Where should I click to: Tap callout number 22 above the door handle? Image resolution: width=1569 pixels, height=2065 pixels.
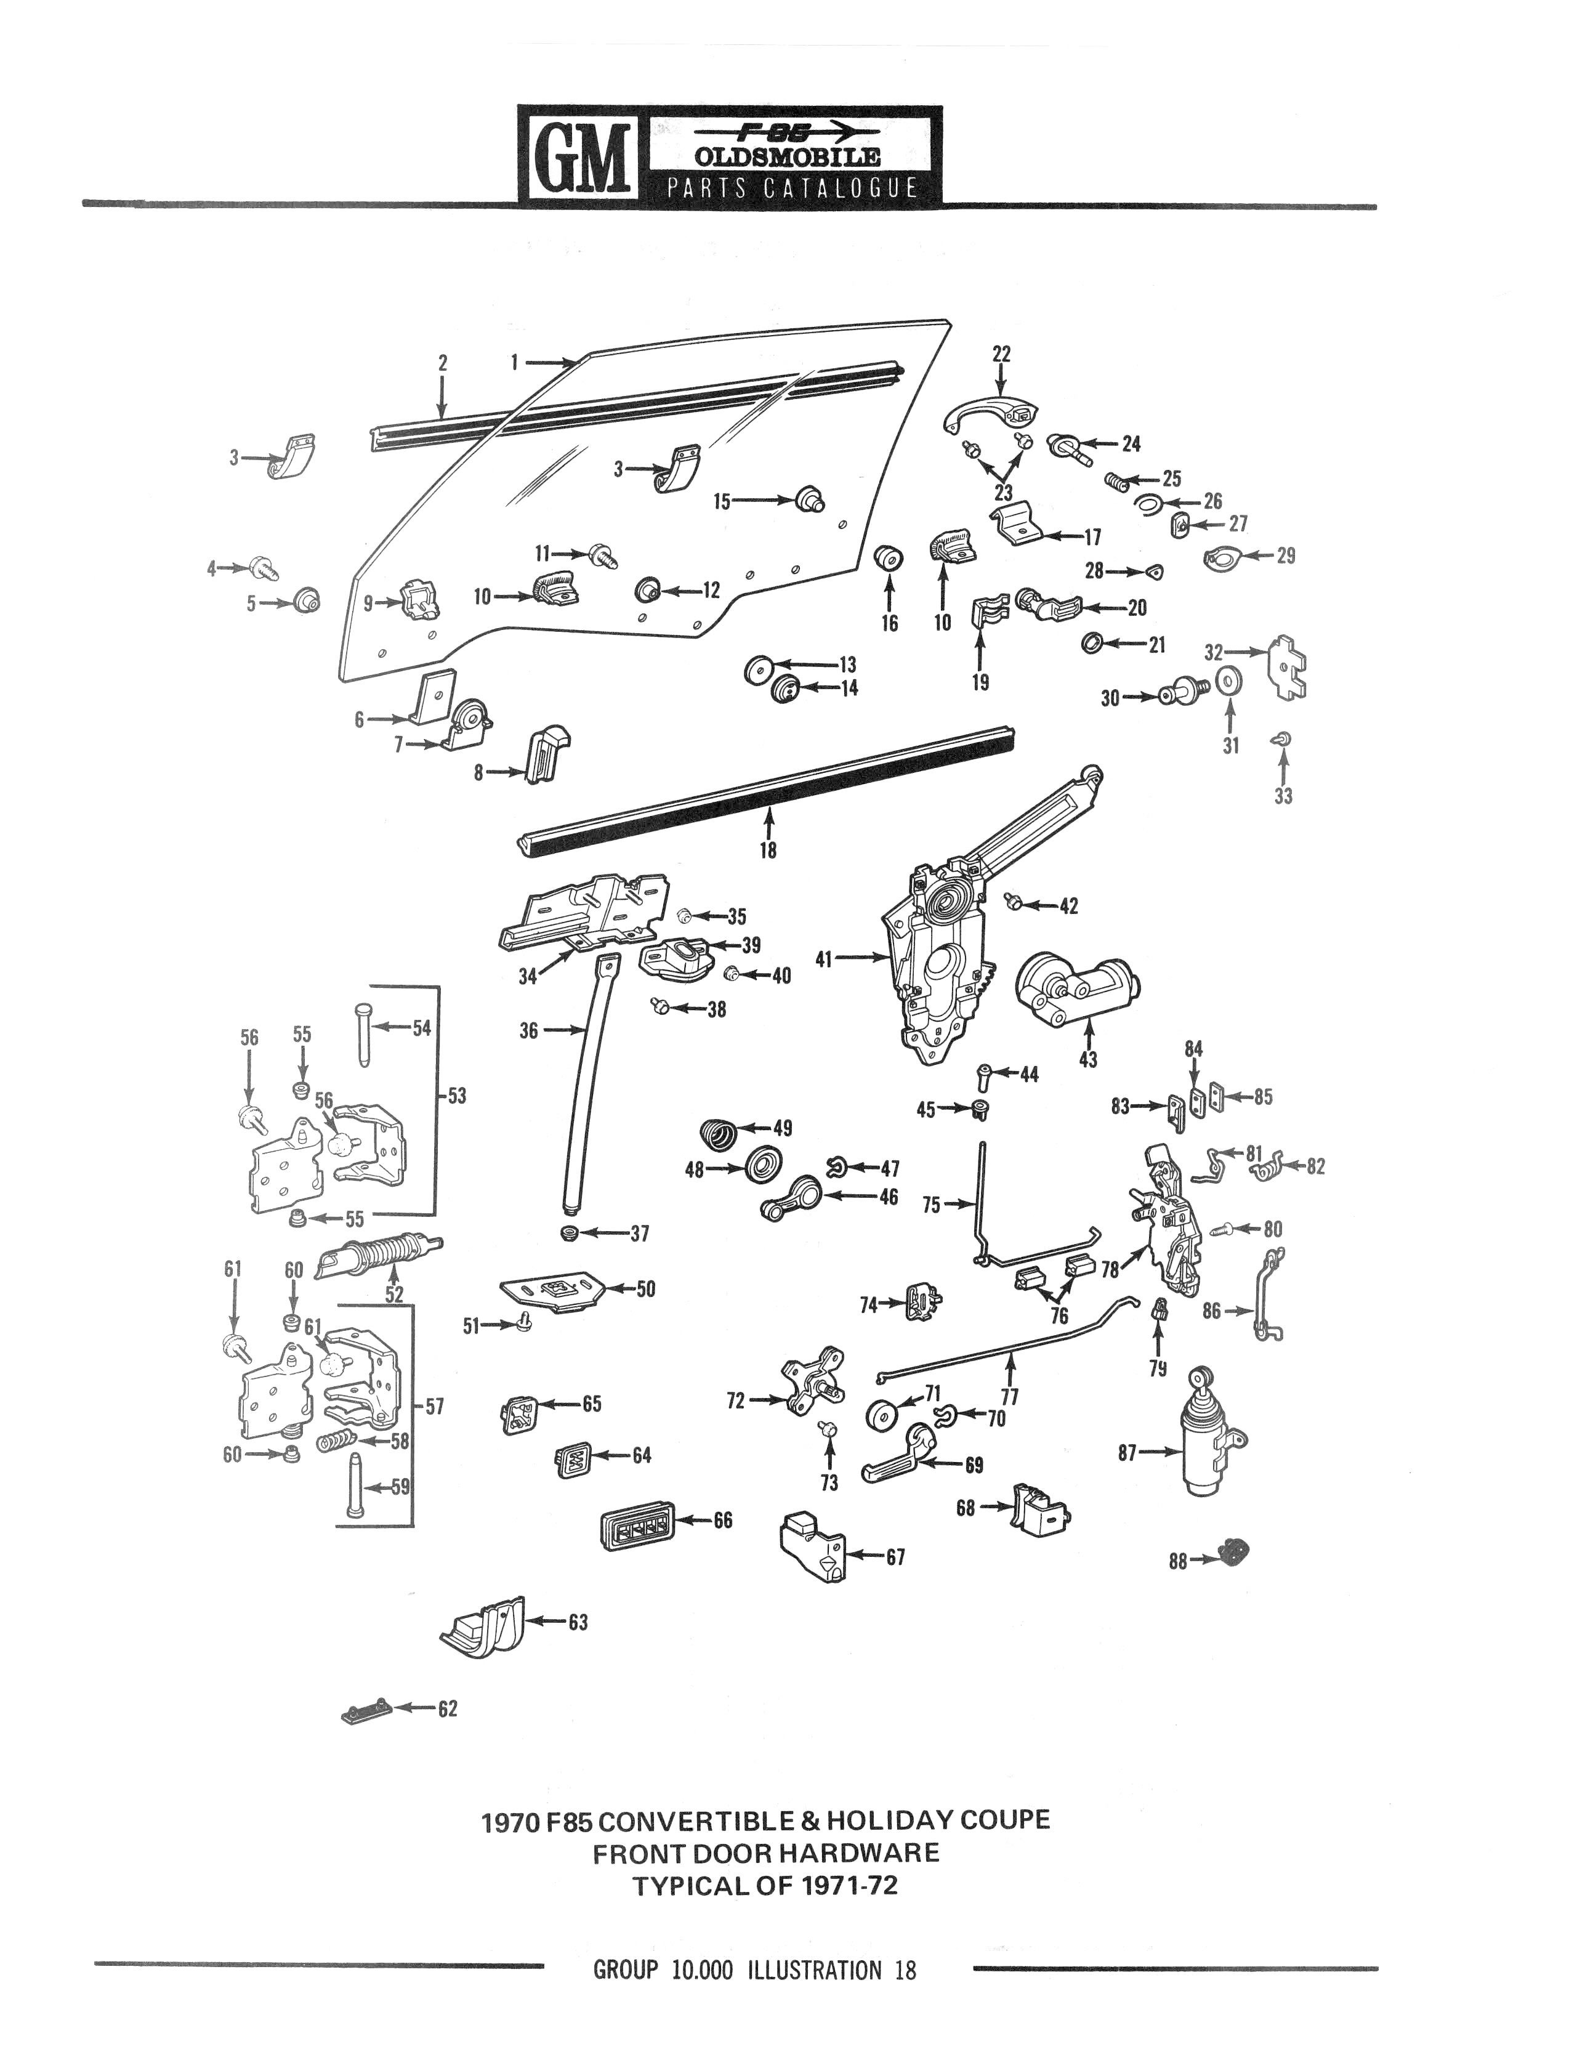point(1001,354)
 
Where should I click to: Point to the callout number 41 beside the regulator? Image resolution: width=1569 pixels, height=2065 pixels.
point(823,958)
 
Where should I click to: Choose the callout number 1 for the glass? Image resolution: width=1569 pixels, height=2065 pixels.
point(515,362)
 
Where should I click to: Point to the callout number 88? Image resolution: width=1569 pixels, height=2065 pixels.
point(1178,1560)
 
